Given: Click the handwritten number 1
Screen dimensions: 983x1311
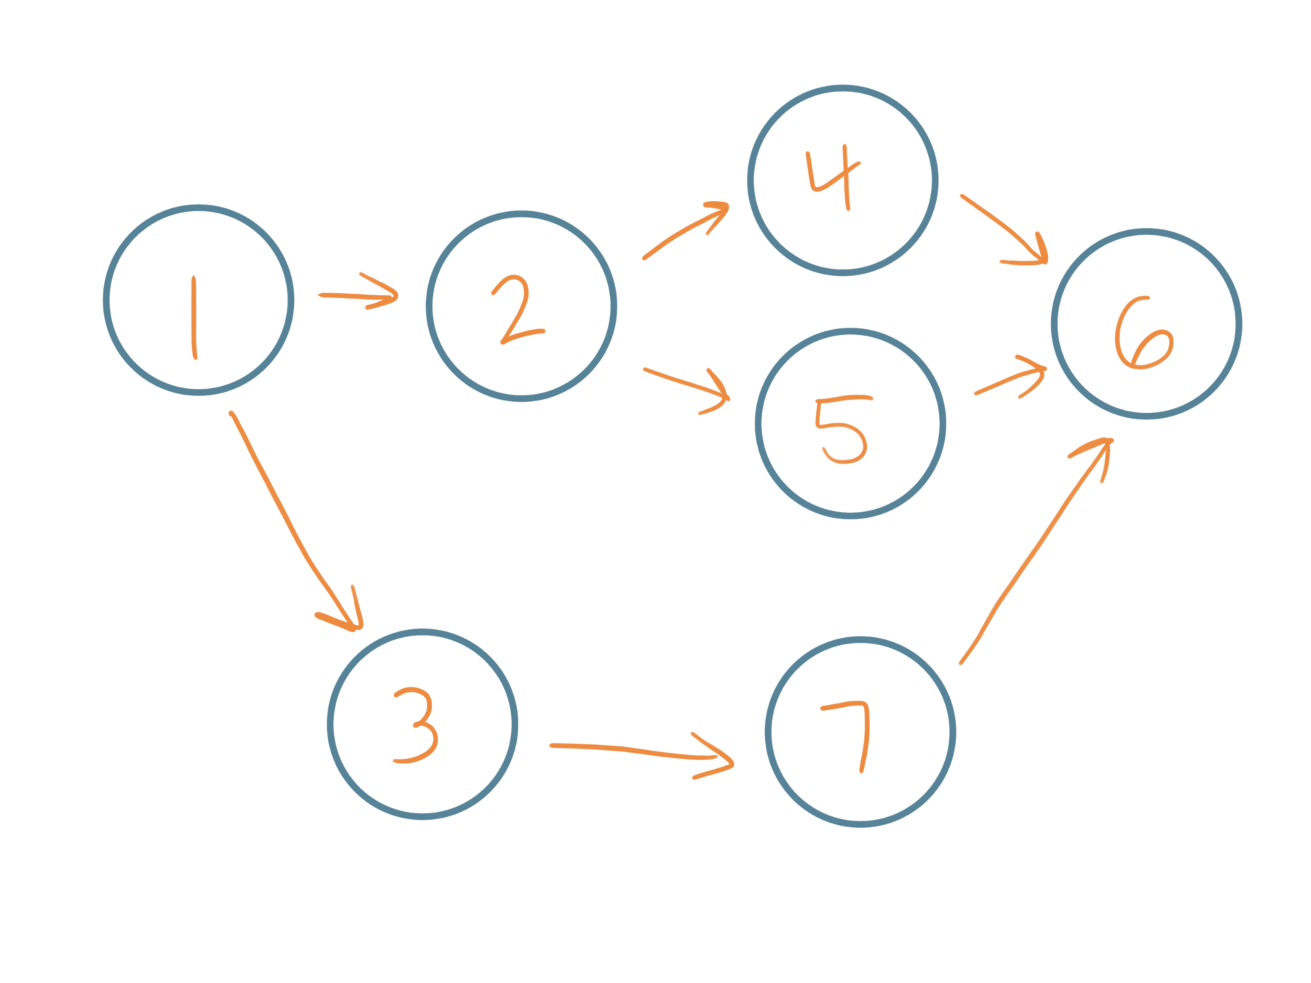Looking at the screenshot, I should (x=194, y=317).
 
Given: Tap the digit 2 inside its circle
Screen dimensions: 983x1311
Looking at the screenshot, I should (x=518, y=309).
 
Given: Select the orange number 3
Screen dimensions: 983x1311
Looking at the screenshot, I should (x=416, y=726).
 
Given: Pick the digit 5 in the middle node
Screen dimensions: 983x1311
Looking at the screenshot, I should (x=841, y=430).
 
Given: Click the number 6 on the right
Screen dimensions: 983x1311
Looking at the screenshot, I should (x=1143, y=335).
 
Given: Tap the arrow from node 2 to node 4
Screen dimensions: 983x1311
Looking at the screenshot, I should (x=684, y=229).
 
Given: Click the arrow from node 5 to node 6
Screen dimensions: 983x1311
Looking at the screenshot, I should (x=1008, y=381).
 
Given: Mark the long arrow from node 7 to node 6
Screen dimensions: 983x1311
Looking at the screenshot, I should (x=1034, y=553).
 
